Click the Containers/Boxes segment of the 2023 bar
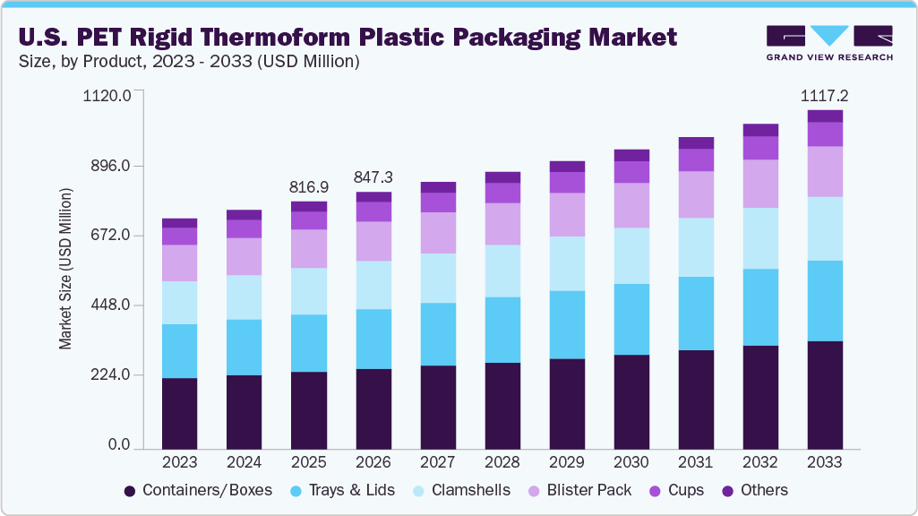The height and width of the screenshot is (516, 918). [179, 412]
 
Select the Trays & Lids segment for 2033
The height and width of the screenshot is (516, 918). [825, 301]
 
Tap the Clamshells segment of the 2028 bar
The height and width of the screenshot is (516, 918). [502, 271]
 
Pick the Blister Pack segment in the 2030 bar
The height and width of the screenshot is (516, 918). [631, 205]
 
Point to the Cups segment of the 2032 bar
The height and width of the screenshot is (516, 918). [760, 148]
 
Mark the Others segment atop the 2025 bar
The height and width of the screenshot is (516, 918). [309, 206]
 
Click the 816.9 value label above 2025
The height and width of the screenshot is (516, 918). [309, 188]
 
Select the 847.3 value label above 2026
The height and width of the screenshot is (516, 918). [373, 176]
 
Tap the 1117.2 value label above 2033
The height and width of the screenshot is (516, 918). [825, 95]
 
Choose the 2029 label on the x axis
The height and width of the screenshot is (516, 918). [567, 462]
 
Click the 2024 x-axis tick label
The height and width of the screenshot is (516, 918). [244, 462]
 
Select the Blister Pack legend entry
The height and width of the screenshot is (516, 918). [586, 490]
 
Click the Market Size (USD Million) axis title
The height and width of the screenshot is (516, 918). [65, 269]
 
